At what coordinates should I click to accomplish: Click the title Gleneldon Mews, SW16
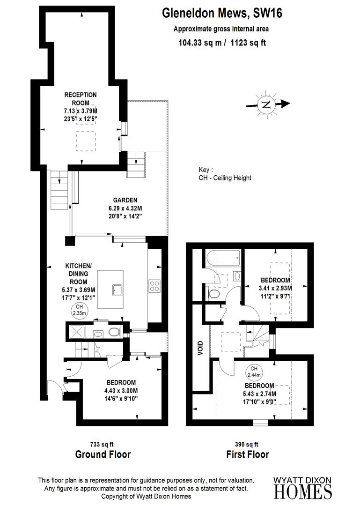click(x=222, y=14)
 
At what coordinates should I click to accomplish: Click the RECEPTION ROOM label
click(x=81, y=98)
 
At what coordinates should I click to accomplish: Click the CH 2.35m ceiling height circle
click(x=77, y=310)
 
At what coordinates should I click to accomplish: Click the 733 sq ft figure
click(x=102, y=444)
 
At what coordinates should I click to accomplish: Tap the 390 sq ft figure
click(x=247, y=444)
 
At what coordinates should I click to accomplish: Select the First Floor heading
click(x=248, y=454)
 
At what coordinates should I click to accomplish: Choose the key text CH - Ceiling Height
click(x=225, y=178)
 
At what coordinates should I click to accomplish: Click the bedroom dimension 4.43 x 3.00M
click(x=121, y=391)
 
